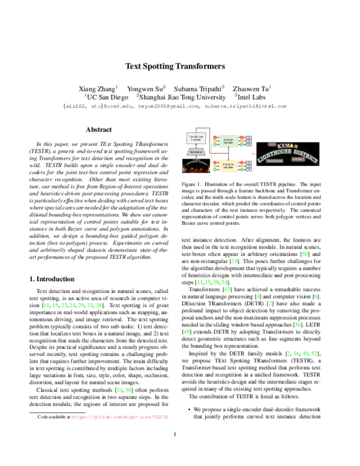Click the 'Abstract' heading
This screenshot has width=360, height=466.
(98, 129)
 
